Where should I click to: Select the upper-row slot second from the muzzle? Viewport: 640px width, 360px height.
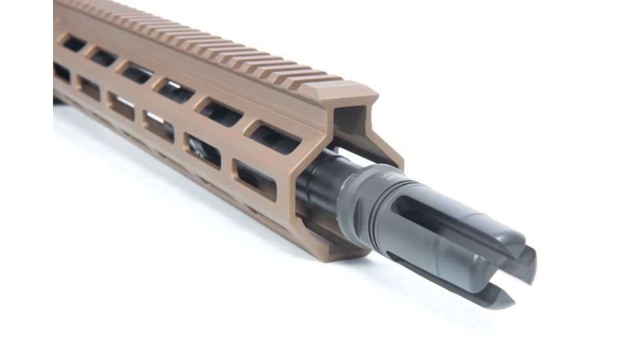click(x=222, y=114)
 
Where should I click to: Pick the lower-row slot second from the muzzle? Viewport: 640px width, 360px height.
click(x=204, y=151)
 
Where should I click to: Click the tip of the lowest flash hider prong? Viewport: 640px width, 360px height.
click(x=504, y=302)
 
